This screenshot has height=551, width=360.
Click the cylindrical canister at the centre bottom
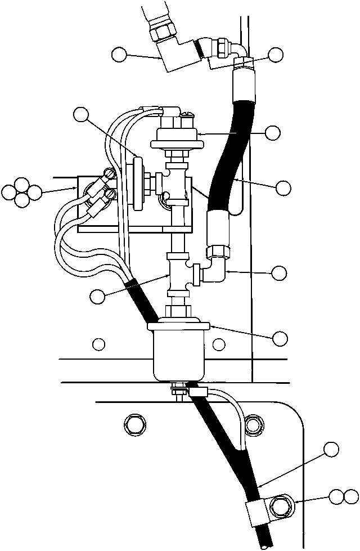click(x=178, y=352)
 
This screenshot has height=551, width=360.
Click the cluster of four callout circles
click(x=21, y=192)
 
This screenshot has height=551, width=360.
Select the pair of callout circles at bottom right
click(x=343, y=496)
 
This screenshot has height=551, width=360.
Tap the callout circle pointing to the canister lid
click(x=280, y=338)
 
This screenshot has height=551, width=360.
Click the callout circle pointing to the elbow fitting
click(x=279, y=273)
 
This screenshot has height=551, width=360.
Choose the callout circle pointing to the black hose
click(x=283, y=187)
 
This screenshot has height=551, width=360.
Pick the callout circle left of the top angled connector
click(x=119, y=54)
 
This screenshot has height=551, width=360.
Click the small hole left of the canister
click(x=99, y=343)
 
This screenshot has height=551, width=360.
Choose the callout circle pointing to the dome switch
click(x=273, y=133)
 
